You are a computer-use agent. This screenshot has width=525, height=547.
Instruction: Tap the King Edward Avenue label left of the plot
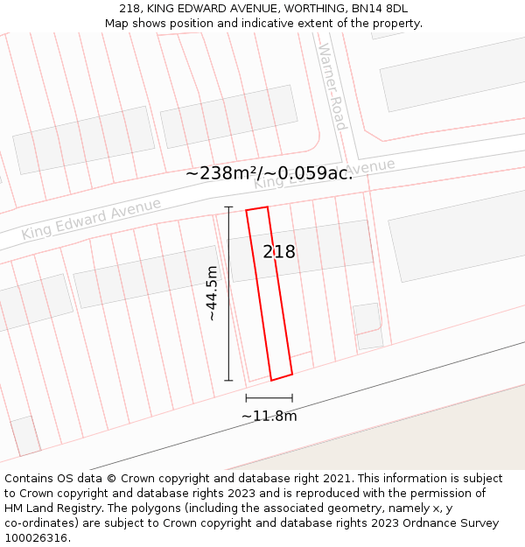click(92, 219)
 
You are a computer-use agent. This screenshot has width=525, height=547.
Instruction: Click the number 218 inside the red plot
click(279, 252)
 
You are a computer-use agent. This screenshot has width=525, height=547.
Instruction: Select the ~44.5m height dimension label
click(212, 293)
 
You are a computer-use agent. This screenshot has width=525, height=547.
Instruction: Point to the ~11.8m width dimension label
click(269, 416)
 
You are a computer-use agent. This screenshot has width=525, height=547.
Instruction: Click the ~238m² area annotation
click(220, 173)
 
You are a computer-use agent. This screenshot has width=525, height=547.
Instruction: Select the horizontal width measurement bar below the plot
click(269, 398)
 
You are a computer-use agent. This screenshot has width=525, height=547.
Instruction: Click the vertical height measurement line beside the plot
click(229, 293)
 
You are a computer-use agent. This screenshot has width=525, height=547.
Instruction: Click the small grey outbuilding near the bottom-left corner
click(24, 435)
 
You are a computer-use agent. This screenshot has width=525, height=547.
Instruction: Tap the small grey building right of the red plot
click(367, 319)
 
